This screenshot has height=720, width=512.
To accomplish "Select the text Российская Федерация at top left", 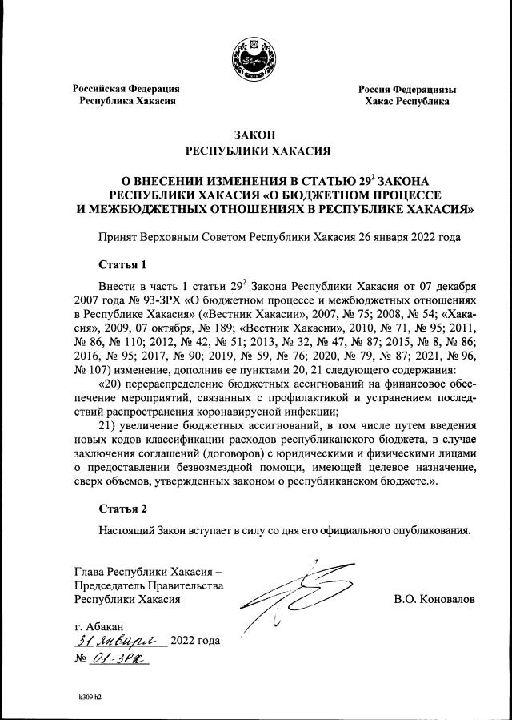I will coord(126,88).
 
